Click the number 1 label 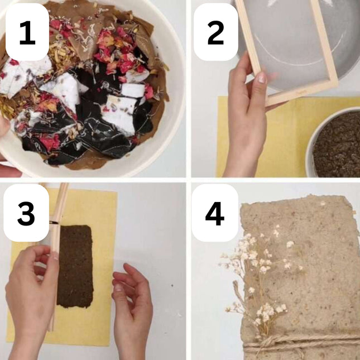pyautogui.click(x=27, y=32)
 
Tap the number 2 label pyautogui.click(x=215, y=32)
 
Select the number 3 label pyautogui.click(x=26, y=214)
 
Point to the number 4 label pyautogui.click(x=215, y=214)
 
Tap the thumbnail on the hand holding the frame pyautogui.click(x=262, y=78)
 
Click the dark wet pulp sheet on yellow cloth pyautogui.click(x=75, y=266)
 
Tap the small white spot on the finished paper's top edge pyautogui.click(x=323, y=203)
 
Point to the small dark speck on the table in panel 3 pyautogui.click(x=172, y=286)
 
